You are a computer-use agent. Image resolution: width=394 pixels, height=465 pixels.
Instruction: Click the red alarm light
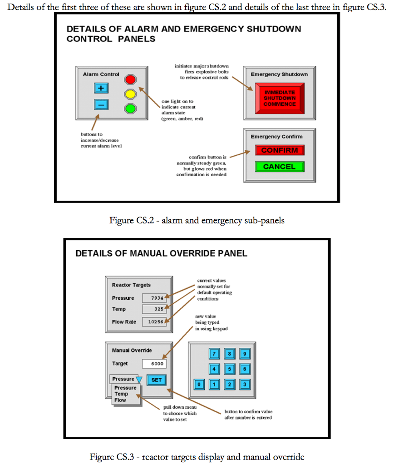coord(131,80)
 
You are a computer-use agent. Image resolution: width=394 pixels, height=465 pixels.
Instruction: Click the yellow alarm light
coord(131,94)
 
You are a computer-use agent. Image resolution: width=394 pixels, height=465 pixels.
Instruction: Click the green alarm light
coord(131,108)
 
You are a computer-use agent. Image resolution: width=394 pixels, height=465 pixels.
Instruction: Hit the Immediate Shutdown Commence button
coord(280,98)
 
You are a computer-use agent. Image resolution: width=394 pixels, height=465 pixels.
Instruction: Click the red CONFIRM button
coord(279,150)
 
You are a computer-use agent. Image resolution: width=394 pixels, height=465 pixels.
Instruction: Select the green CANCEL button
coord(279,167)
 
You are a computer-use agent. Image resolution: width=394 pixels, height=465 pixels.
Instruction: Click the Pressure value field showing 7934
coord(154,298)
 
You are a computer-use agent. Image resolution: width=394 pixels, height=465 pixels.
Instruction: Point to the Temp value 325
coord(154,309)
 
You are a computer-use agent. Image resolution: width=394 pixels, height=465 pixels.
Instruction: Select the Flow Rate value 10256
coord(154,322)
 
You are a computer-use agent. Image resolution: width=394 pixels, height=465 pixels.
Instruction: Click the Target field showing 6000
coord(154,364)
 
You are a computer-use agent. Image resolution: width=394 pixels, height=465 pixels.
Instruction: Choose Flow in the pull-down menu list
coord(120,400)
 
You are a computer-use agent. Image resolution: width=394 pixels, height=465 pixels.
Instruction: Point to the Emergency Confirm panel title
coord(276,137)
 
